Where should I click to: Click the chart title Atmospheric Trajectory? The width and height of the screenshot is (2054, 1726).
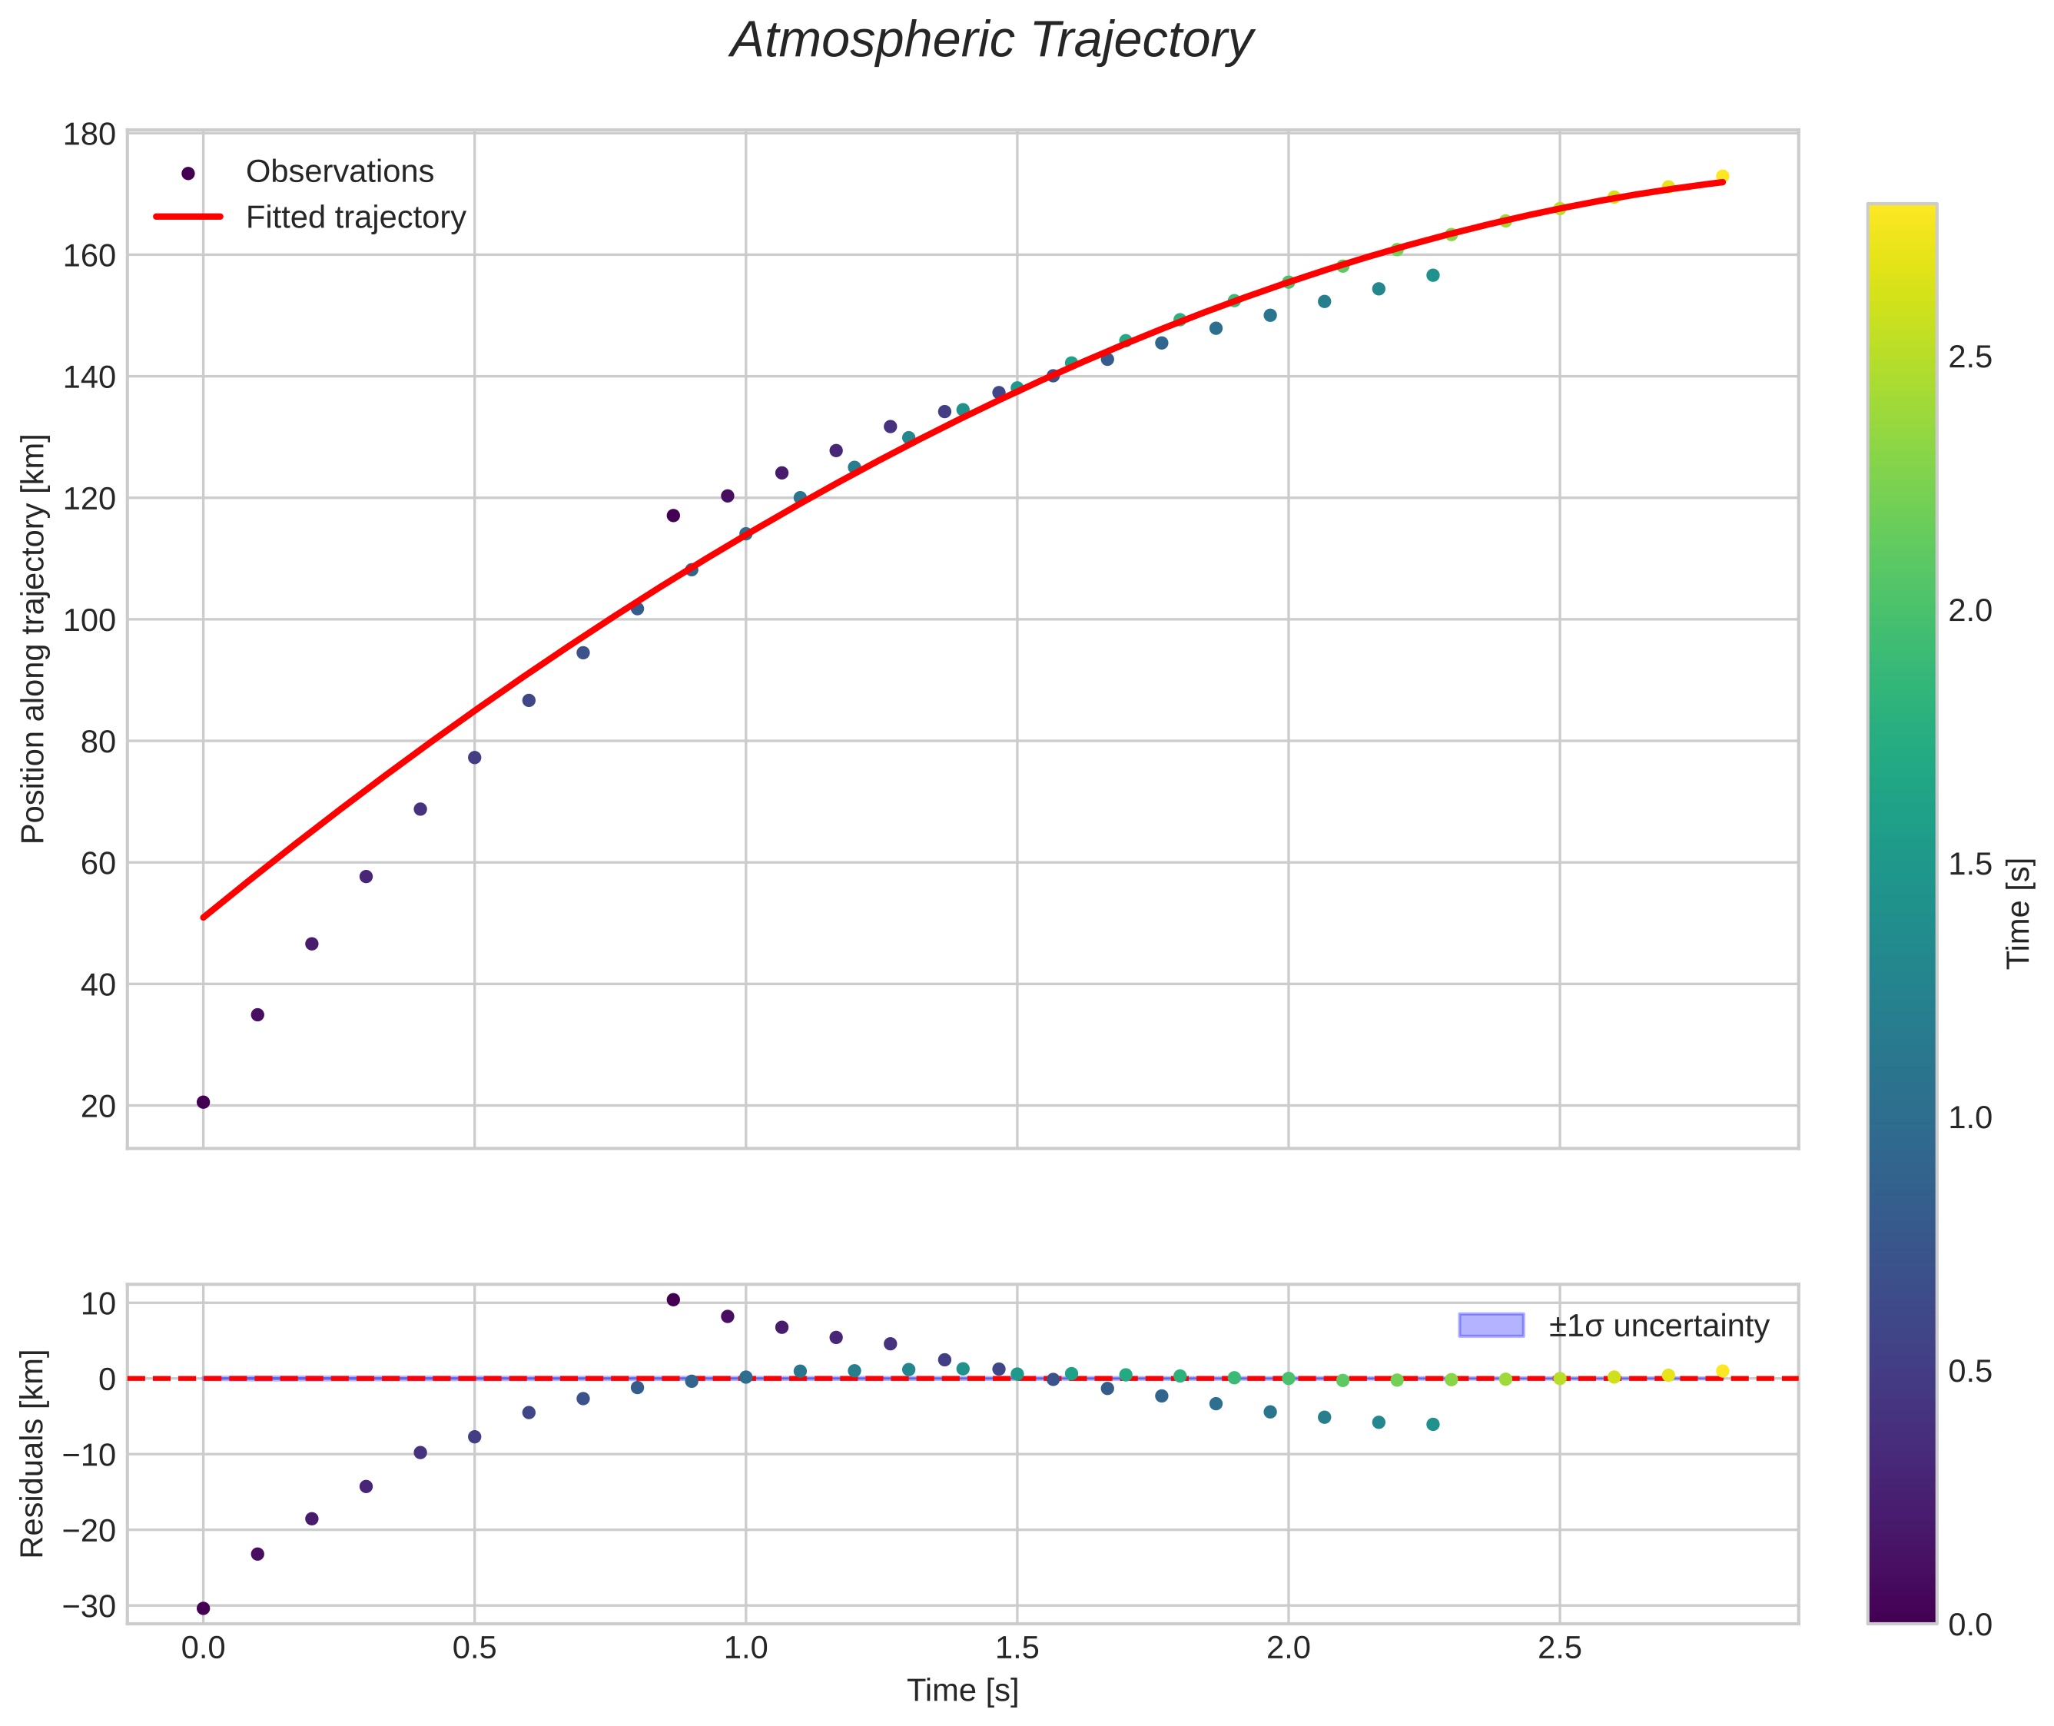click(x=991, y=41)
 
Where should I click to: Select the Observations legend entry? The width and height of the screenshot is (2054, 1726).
click(x=339, y=172)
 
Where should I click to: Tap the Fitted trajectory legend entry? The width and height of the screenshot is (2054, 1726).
click(x=355, y=217)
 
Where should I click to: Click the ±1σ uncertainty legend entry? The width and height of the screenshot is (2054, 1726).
click(x=1657, y=1326)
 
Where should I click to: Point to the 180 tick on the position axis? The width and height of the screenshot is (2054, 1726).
click(x=89, y=134)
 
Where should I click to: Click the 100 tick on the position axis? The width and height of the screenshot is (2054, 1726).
click(x=89, y=620)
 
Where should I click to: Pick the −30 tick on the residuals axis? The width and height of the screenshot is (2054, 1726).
click(x=88, y=1607)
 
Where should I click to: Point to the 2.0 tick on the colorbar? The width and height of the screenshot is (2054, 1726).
click(x=1969, y=612)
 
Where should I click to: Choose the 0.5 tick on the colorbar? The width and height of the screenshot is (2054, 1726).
click(x=1969, y=1372)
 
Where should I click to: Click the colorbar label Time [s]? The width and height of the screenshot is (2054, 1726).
click(x=2019, y=914)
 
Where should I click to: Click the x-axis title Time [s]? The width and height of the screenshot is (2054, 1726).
click(x=962, y=1691)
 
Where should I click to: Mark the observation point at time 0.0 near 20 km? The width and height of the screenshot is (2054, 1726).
click(x=204, y=1103)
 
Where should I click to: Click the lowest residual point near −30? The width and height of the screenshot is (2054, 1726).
click(x=204, y=1608)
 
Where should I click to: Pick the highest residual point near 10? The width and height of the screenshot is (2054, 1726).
click(x=673, y=1299)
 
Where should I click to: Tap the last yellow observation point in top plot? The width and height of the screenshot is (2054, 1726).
click(x=1721, y=176)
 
